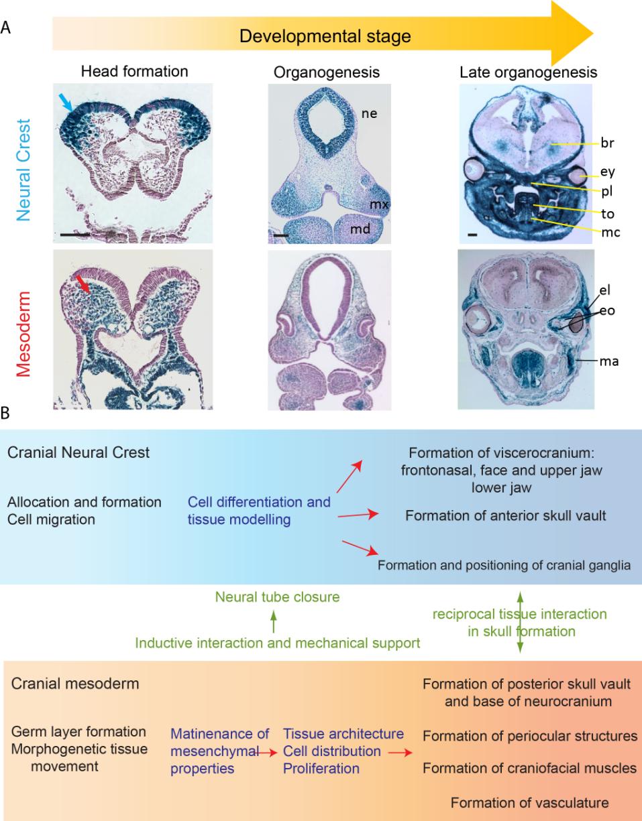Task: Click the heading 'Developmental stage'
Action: [323, 35]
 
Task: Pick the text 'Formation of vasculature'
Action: [530, 802]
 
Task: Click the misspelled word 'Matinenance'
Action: [220, 735]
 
